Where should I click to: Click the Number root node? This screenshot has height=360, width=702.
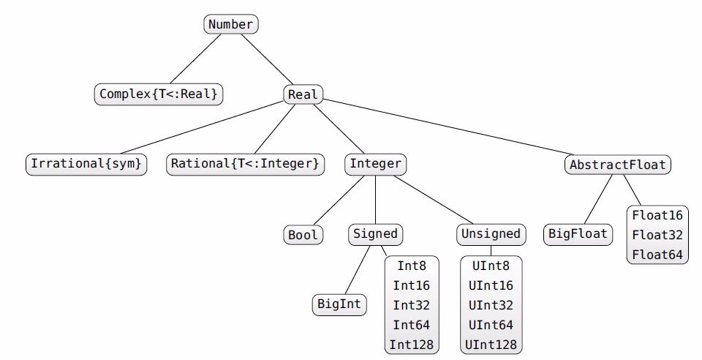tap(230, 24)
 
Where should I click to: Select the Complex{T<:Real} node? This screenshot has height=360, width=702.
tap(159, 94)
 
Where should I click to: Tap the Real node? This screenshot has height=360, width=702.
tap(303, 94)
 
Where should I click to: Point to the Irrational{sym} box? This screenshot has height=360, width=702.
tap(86, 164)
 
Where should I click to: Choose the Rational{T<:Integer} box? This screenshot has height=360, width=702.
tap(245, 164)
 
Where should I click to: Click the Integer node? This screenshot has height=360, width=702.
tap(375, 164)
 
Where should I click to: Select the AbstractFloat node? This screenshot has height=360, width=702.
tap(618, 164)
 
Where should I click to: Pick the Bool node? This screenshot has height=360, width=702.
tap(303, 234)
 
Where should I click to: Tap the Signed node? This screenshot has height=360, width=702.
tap(375, 234)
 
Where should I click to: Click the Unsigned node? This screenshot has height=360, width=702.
tap(491, 234)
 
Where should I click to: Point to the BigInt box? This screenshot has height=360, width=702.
tap(339, 304)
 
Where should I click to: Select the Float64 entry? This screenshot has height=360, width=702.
tap(657, 254)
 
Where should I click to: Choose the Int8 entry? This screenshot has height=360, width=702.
tap(412, 266)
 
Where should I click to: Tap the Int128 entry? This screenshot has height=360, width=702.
tap(412, 343)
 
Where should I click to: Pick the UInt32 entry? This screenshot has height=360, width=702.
tap(491, 304)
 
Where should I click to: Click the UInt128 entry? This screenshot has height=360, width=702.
tap(491, 343)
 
